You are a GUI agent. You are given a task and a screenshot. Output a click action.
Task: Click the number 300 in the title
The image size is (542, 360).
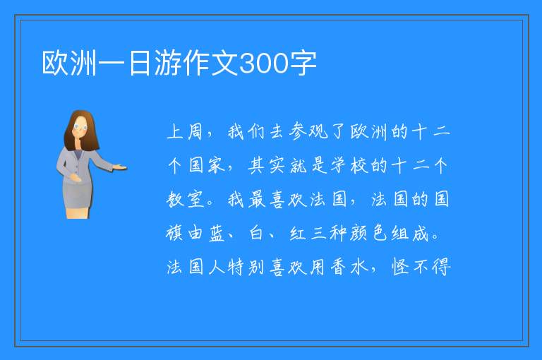tap(264, 64)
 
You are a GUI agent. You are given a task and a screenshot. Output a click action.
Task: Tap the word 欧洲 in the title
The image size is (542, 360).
tap(69, 64)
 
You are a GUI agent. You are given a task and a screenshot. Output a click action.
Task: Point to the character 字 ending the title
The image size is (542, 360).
tap(303, 64)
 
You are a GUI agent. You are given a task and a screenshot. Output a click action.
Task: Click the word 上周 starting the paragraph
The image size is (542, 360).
tap(185, 132)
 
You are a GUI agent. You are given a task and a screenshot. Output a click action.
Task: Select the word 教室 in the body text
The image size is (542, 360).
tap(186, 200)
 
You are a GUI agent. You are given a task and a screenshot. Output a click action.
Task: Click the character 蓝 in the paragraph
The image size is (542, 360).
tap(217, 234)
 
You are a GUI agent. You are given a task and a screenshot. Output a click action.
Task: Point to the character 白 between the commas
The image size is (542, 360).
tap(256, 234)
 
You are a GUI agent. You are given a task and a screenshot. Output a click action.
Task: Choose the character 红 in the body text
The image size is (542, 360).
tap(298, 234)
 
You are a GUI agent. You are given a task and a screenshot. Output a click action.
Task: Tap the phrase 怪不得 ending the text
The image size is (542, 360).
tap(421, 268)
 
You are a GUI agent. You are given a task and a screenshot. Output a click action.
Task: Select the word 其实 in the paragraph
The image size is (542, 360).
tap(267, 165)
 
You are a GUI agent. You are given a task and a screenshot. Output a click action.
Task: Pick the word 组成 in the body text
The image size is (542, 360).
tap(410, 234)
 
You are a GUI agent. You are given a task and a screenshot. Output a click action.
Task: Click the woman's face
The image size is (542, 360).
tap(80, 127)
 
